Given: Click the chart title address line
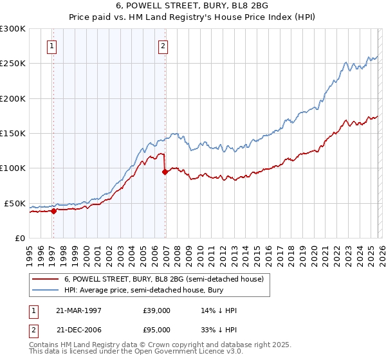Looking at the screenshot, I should tap(192, 6).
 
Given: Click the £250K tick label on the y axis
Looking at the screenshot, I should tap(13, 64).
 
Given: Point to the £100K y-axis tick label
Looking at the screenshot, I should tap(13, 168).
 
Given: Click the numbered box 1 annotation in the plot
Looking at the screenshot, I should tap(51, 46).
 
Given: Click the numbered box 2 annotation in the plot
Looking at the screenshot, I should tap(163, 46).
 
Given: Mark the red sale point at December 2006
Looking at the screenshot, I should tap(165, 172).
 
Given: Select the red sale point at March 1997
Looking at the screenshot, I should tap(54, 210).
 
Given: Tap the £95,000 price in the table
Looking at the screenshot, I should tap(156, 329).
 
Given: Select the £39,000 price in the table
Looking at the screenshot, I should tap(156, 310).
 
